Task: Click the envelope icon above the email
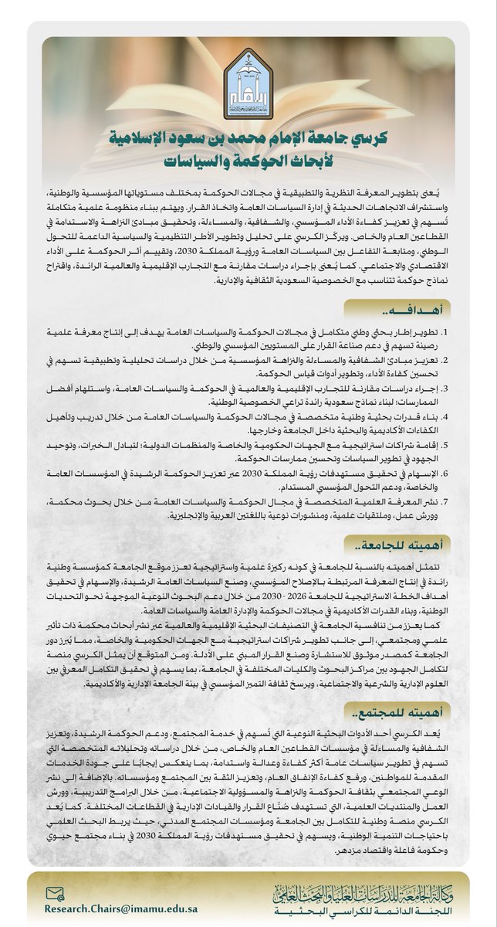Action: (x=52, y=893)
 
